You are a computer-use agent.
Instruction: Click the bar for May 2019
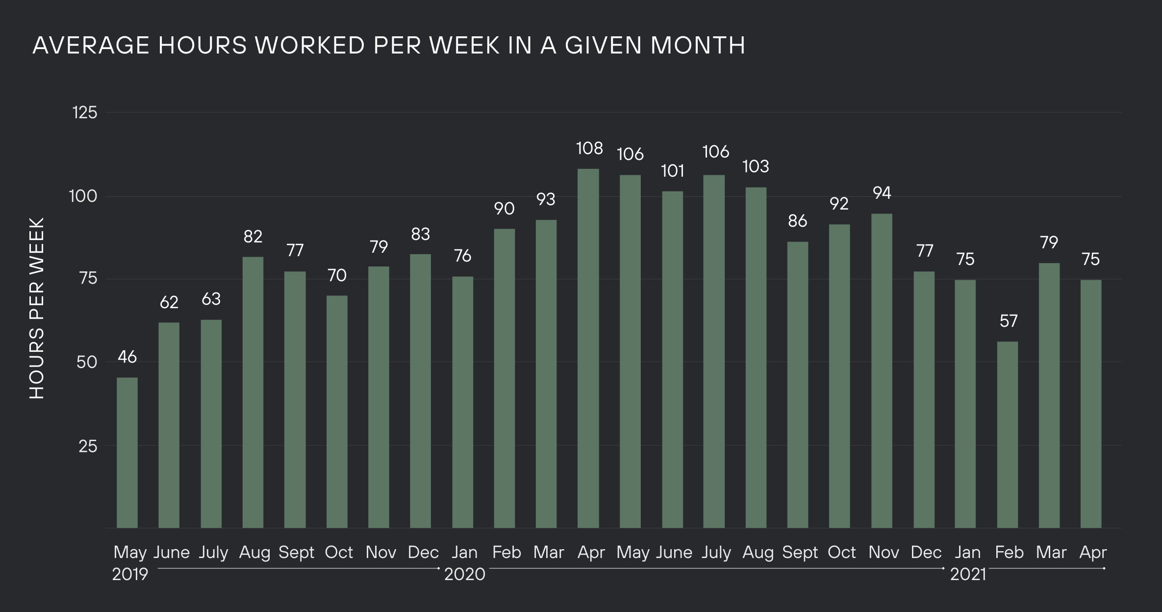point(127,452)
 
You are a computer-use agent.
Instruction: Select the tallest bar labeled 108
point(588,348)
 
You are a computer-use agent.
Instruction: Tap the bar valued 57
point(1008,435)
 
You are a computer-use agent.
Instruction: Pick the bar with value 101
point(672,359)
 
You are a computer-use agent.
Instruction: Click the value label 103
point(756,167)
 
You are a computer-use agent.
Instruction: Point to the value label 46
point(127,357)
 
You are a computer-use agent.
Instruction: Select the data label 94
point(882,193)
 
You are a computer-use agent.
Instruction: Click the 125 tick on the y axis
point(85,113)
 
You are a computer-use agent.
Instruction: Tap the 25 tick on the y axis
point(88,446)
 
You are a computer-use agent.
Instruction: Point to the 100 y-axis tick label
point(83,196)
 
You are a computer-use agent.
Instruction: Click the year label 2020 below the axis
point(464,574)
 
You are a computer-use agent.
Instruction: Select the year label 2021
point(968,574)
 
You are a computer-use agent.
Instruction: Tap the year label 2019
point(130,574)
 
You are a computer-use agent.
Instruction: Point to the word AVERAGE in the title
point(91,46)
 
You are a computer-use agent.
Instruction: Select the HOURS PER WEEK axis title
point(37,308)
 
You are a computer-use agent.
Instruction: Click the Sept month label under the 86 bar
point(800,553)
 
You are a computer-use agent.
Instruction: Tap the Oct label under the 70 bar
point(338,553)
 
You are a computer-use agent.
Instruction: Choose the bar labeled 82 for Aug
point(253,393)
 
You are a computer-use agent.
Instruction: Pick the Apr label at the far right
point(1093,553)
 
